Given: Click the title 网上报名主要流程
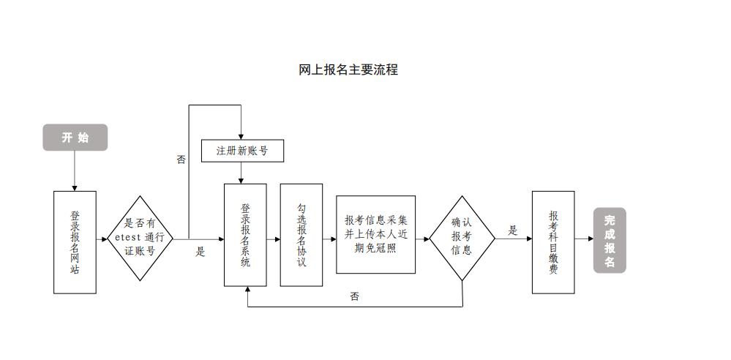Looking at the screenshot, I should point(348,70).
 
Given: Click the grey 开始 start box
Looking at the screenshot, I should point(75,138).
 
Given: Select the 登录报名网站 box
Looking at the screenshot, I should point(75,242).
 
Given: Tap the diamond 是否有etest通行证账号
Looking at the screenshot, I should point(140,239).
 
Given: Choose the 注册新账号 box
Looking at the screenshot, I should point(241,151).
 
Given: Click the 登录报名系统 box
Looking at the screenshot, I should point(245,235).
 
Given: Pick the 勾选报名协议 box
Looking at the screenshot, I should point(301,235).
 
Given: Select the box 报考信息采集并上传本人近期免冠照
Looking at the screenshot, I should point(375,235).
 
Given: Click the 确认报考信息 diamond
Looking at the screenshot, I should point(462,238).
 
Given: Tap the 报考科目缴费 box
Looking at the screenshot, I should point(552,242).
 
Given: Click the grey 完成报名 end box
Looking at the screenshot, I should point(610,240).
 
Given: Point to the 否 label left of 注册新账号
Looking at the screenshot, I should point(181,160).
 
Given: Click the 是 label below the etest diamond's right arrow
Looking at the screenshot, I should point(200,252).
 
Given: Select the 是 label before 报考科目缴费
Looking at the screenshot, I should point(513,230).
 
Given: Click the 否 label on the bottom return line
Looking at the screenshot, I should point(355,296).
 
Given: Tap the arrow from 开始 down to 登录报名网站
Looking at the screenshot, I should point(75,171).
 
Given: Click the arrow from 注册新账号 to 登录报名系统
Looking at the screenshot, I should point(241,173).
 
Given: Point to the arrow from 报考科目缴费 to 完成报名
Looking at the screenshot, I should point(584,239).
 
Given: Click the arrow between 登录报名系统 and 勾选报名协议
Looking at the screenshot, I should point(273,239).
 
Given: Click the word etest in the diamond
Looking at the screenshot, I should point(129,239).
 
